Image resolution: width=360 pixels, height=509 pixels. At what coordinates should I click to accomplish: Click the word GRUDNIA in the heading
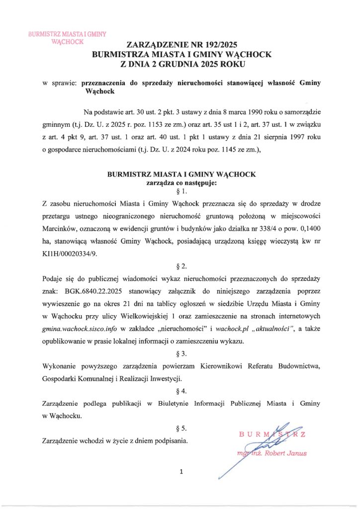click(x=177, y=64)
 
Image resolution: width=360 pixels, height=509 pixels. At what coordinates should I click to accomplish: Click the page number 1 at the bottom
click(x=181, y=472)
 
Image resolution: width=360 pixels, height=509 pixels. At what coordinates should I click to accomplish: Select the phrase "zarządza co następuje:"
click(x=181, y=182)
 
